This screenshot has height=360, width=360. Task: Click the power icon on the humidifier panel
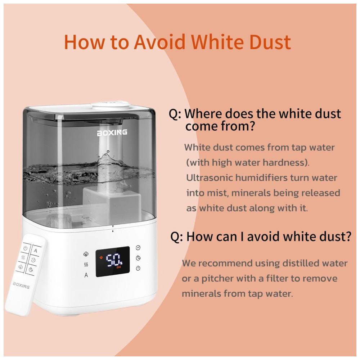pos(138,268)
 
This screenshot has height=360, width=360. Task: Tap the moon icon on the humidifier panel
pos(138,258)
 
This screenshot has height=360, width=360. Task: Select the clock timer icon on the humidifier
pos(138,248)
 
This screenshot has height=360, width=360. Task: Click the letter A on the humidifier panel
pos(86,275)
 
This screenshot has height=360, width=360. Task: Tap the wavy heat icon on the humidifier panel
pos(86,265)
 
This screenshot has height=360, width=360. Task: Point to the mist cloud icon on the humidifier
pos(86,254)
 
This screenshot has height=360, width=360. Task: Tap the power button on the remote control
pos(26,248)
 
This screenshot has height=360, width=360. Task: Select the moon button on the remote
pos(31,270)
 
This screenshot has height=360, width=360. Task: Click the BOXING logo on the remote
pos(21,285)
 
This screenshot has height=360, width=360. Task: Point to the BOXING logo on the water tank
pos(112,132)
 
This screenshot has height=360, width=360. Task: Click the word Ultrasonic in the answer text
pos(207,178)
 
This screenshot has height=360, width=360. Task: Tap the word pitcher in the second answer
pos(217,279)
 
